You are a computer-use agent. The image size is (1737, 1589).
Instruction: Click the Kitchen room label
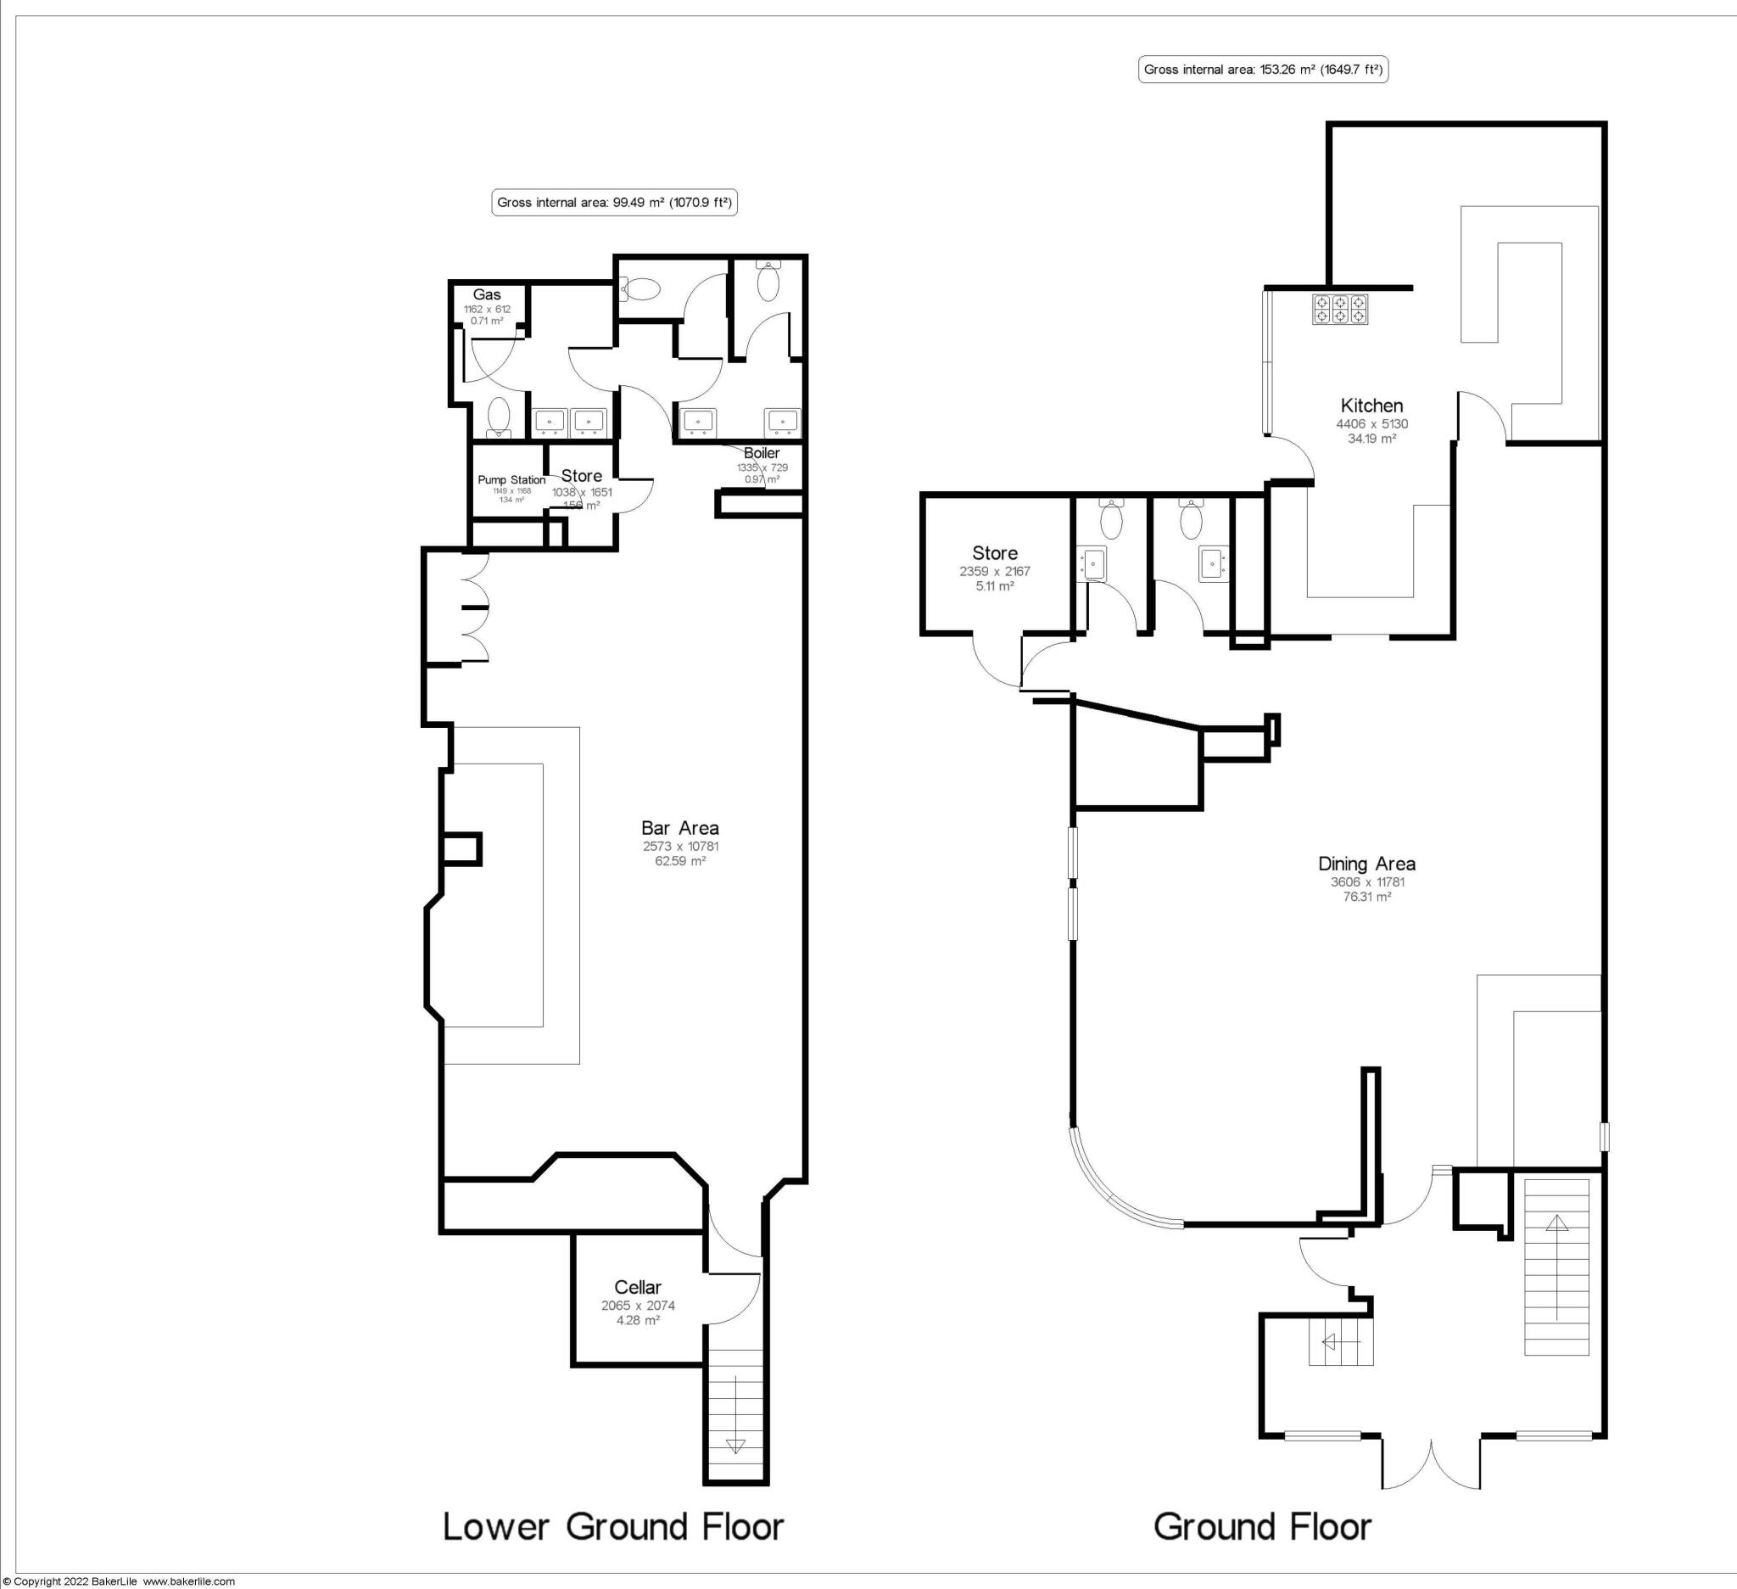coord(1371,405)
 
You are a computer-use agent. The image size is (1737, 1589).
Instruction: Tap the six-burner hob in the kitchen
coord(1340,310)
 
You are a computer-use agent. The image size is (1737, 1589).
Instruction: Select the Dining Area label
coord(1366,864)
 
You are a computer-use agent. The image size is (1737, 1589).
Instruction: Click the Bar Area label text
coord(680,827)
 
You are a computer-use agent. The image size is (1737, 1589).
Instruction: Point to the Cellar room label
coord(638,1286)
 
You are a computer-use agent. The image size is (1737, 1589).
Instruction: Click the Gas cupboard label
coord(487,294)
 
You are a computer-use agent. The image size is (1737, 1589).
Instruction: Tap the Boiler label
coord(762,453)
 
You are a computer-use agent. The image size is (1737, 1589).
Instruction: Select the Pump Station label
coord(511,480)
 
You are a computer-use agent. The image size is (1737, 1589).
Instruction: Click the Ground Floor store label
coord(994,553)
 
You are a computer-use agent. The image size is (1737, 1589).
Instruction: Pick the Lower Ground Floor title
coord(612,1526)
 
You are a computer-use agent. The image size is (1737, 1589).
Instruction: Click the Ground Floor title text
coord(1262,1526)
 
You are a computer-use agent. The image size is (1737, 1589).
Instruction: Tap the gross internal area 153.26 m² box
coord(1263,70)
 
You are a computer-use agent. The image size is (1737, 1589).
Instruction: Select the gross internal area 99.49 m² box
coord(614,204)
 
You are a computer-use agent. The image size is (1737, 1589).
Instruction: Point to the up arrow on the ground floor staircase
coord(1557,1223)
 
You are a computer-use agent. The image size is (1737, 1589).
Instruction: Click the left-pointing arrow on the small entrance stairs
coord(1329,1341)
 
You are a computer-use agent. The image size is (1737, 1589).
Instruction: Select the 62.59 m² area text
coord(680,861)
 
